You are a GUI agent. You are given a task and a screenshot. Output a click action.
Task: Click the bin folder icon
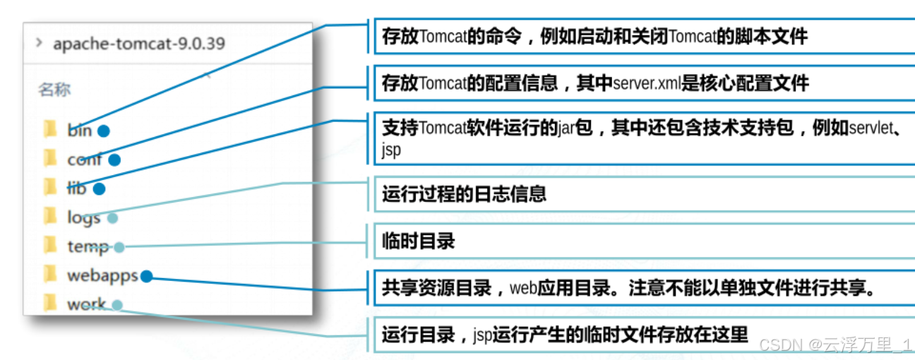[50, 129]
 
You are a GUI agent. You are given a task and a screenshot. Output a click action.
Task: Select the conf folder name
[84, 160]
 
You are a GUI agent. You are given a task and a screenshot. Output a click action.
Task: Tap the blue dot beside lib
[99, 188]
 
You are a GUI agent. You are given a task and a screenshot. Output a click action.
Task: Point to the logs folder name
[83, 217]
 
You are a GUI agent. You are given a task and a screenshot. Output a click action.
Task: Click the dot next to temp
[119, 247]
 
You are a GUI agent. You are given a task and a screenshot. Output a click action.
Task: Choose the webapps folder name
[102, 275]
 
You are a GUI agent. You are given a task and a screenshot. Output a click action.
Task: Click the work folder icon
[50, 304]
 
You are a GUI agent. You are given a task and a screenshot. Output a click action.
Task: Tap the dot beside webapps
[146, 276]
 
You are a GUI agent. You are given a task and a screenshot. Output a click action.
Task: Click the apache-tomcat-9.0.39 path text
[139, 44]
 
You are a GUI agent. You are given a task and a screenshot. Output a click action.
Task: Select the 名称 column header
[54, 90]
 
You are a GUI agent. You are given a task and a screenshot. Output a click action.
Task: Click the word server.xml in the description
[646, 84]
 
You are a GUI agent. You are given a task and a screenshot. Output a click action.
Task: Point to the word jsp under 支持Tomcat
[392, 150]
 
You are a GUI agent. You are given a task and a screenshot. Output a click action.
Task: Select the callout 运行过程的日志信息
[464, 194]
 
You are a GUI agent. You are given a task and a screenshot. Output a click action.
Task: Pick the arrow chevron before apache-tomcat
[40, 43]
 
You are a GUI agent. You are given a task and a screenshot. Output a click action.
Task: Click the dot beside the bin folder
[104, 131]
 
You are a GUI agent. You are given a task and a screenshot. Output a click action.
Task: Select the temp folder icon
[50, 246]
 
